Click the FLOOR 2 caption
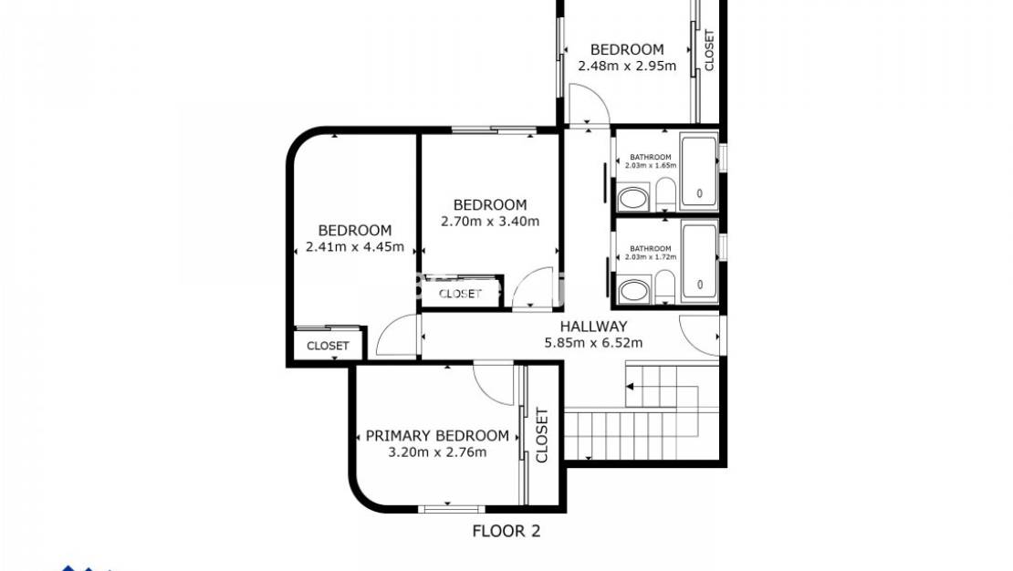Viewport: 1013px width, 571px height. [x=506, y=531]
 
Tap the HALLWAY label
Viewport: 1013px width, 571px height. [x=593, y=327]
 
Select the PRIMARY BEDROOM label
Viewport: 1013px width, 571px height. [x=437, y=436]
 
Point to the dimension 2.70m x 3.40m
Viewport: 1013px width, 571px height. [x=490, y=221]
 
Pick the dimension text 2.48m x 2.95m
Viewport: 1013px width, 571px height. [x=627, y=66]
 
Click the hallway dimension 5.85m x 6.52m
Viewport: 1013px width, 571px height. [x=593, y=343]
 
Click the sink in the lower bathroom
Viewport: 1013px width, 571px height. [x=632, y=291]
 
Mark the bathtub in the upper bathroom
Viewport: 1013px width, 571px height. [x=700, y=170]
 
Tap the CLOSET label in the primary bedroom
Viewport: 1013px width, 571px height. [x=541, y=435]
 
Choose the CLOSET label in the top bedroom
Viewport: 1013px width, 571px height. [x=709, y=50]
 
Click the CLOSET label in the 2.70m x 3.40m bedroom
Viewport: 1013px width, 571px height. [x=460, y=294]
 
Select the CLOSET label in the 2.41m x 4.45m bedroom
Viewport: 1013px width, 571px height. [x=328, y=346]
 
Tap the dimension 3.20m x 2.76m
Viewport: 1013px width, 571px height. [x=437, y=452]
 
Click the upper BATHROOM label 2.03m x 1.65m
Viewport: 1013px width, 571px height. [x=650, y=161]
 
